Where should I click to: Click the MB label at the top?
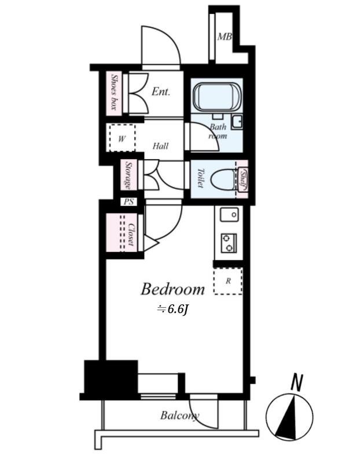(x=225, y=37)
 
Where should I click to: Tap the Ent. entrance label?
(x=161, y=91)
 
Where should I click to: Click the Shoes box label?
(x=114, y=92)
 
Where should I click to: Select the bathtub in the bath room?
(x=217, y=97)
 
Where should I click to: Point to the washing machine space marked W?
(x=122, y=138)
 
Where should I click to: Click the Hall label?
(x=160, y=146)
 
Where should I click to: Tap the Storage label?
(x=128, y=175)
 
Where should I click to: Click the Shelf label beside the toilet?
(x=243, y=179)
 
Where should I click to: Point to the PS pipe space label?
(x=128, y=202)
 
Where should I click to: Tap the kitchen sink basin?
(x=229, y=214)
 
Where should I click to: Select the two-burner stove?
(x=229, y=242)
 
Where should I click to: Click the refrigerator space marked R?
(x=227, y=281)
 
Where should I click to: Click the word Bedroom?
(x=172, y=289)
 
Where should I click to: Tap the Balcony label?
(x=179, y=416)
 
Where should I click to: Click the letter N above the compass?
(x=297, y=383)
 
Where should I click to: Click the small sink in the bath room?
(x=237, y=121)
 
